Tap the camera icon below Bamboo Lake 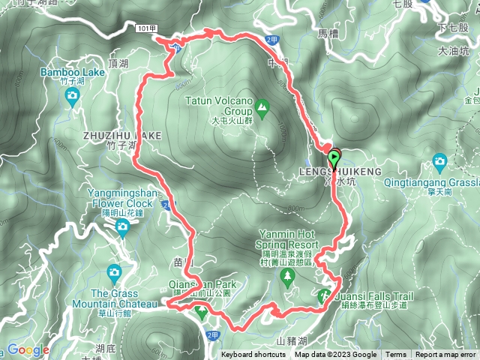click(x=71, y=94)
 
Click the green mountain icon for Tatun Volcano click(x=262, y=110)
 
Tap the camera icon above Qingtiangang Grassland click(x=440, y=161)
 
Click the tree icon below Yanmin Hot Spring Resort click(x=288, y=277)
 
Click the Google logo click(x=28, y=350)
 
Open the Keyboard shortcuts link click(x=253, y=355)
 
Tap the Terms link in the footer click(x=396, y=355)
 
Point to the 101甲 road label click(x=146, y=27)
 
